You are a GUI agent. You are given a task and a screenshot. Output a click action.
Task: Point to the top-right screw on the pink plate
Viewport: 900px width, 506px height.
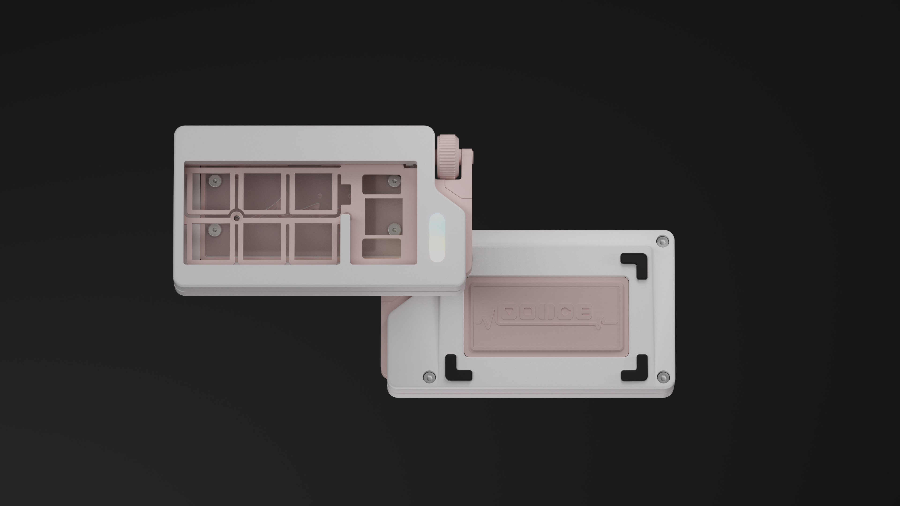coord(394,181)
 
